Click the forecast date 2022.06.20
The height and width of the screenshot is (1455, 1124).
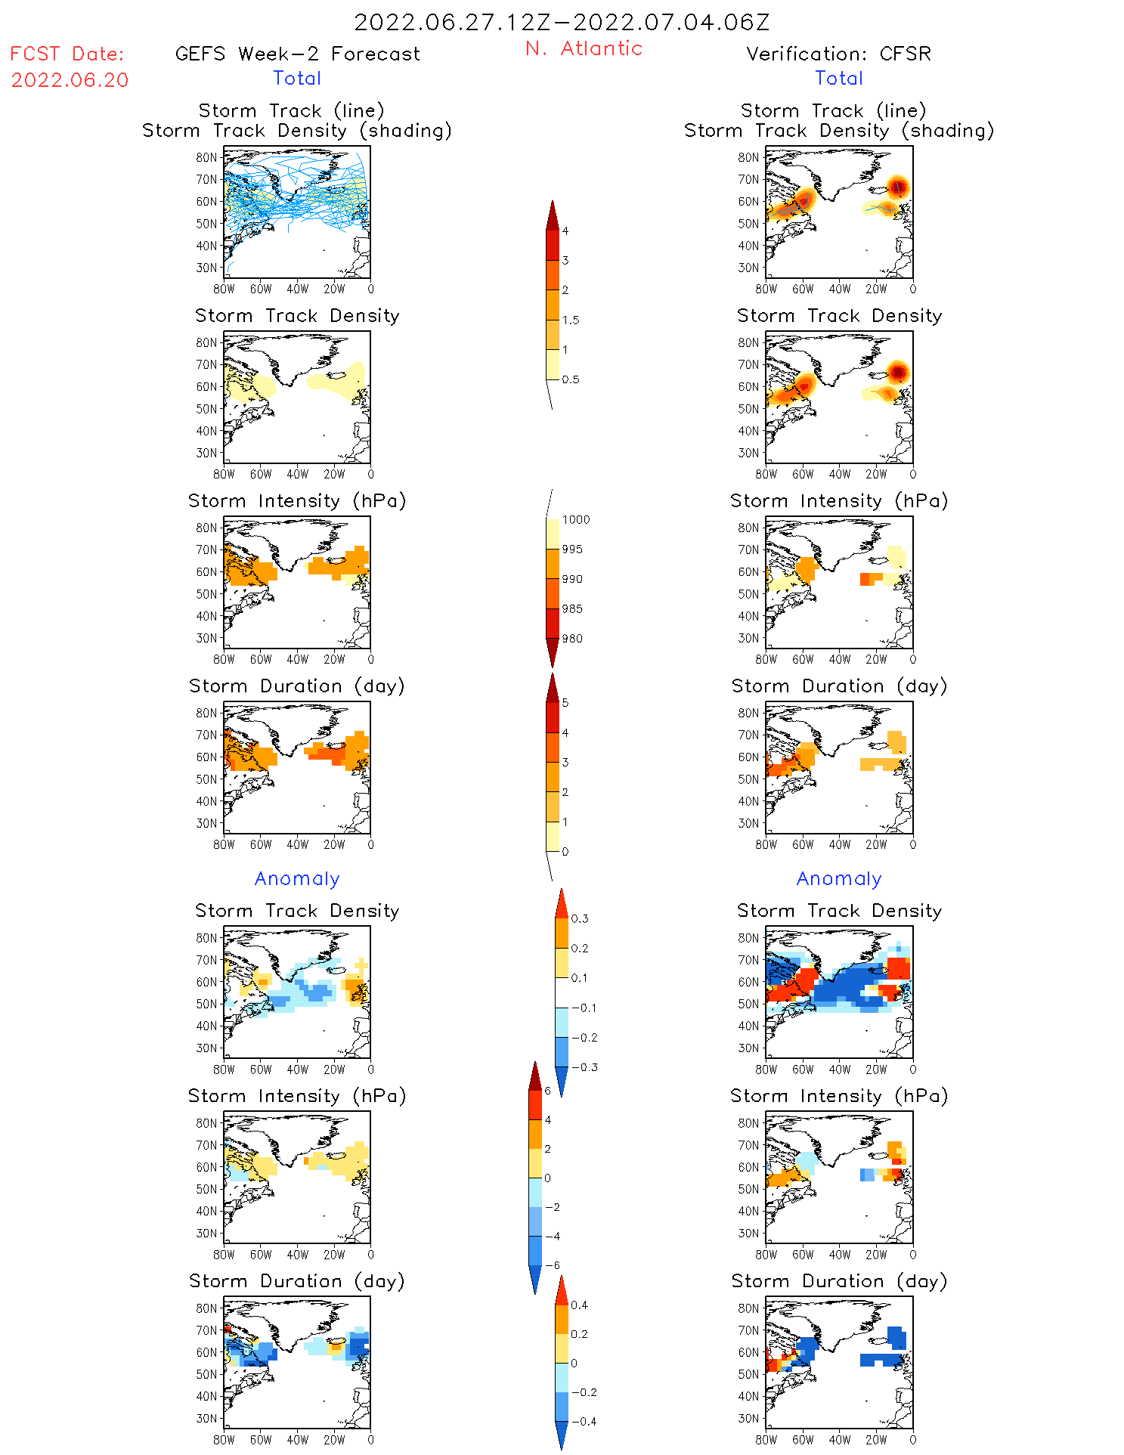[70, 80]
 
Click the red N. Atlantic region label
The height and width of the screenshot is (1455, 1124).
[584, 48]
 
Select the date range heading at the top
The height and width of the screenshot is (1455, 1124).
[562, 22]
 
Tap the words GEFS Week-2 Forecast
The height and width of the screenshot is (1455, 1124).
[297, 54]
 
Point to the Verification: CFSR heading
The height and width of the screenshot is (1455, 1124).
[838, 54]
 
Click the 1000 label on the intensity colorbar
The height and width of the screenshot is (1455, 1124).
[576, 520]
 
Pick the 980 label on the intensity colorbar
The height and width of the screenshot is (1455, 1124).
[572, 639]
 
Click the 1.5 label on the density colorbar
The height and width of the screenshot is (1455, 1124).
[571, 320]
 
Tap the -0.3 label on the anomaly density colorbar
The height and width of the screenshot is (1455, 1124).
[584, 1068]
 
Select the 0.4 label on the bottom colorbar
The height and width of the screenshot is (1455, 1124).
[580, 1305]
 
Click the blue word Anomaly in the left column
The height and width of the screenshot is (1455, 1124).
[297, 879]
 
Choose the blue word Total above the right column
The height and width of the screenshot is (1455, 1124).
[839, 79]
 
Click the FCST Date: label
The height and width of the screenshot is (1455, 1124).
[67, 54]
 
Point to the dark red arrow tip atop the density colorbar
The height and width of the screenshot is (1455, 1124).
[553, 214]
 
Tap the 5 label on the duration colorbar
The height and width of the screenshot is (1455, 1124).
[565, 703]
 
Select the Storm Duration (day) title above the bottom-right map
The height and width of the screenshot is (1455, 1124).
[839, 1281]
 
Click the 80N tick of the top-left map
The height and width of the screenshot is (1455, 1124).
[206, 157]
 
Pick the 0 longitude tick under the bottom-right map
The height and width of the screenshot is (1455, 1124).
[913, 1440]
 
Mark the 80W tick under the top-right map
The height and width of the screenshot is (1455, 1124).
[766, 289]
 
